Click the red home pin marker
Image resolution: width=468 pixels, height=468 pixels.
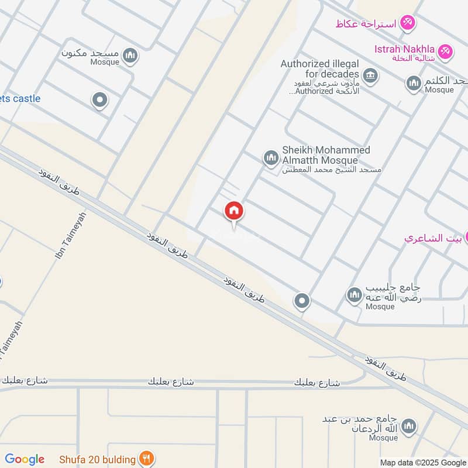[x=234, y=212]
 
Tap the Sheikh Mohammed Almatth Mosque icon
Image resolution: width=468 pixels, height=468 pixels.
[x=270, y=157]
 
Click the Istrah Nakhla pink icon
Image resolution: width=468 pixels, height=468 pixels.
[x=445, y=51]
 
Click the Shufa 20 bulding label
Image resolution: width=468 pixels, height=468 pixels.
[x=98, y=459]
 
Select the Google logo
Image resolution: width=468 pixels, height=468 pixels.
[x=25, y=459]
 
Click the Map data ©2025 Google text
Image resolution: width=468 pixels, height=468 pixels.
[x=423, y=463]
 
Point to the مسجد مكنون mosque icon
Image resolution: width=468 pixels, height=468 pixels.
[x=130, y=56]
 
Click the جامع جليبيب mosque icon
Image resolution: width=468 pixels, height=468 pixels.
[x=354, y=295]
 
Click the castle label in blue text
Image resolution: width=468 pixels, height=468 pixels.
[x=20, y=98]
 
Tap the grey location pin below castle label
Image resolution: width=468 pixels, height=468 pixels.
[x=100, y=101]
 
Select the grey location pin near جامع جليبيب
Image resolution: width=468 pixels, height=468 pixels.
[x=302, y=301]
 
